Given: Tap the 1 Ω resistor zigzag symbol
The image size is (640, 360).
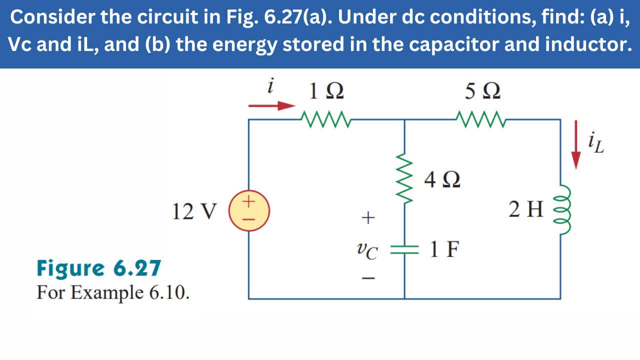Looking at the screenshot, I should (326, 120).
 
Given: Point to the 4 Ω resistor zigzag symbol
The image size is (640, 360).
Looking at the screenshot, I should (404, 180).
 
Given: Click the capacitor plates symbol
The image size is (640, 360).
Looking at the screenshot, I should (404, 249).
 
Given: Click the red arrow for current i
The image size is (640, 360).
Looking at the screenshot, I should (272, 105).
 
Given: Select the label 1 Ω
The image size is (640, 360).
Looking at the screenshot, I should (326, 91).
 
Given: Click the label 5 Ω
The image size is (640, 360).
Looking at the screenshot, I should (482, 91).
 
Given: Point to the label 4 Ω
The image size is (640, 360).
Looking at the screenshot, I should (442, 179).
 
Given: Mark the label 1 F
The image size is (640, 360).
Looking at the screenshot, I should (444, 249).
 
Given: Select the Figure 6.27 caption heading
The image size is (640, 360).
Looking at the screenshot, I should (98, 268).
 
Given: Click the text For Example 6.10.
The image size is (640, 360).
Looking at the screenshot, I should (113, 292).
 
